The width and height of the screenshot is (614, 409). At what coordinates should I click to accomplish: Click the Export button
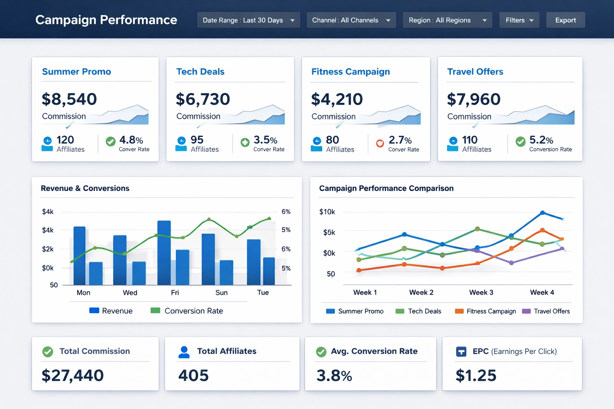pos(565,20)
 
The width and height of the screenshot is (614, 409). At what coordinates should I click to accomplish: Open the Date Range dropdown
pos(248,20)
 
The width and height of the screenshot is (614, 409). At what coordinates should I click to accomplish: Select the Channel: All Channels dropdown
pos(351,20)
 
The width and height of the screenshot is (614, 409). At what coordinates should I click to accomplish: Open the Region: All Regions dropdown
pos(447,20)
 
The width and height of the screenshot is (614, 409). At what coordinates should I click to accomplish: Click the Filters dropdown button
pos(519,20)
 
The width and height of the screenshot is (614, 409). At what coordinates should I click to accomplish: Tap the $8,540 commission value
pos(69,99)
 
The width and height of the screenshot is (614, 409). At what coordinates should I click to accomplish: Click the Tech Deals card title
pos(200,71)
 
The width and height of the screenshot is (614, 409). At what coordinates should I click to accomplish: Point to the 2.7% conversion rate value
pos(400,140)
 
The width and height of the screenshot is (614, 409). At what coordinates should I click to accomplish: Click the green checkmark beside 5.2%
pos(520,141)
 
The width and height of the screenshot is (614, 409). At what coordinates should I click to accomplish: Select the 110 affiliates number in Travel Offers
pos(470,140)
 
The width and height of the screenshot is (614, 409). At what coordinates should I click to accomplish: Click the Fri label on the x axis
pos(175,293)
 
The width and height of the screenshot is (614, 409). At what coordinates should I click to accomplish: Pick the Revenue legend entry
pos(111,311)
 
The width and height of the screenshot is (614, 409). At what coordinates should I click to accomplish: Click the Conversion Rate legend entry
pos(187,311)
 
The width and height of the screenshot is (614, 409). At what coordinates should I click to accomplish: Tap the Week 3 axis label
pos(481,292)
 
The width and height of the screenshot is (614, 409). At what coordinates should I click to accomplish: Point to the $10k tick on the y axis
pos(327,212)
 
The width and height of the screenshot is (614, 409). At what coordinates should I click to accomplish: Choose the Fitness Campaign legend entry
pos(485,311)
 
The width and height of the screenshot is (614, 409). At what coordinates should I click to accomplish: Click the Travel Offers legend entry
pos(546,311)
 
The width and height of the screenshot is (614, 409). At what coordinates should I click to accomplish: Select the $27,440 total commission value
pos(73,375)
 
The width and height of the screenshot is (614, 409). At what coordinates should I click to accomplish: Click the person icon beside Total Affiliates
pos(184,352)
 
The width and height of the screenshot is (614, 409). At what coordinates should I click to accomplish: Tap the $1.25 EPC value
pos(476,375)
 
